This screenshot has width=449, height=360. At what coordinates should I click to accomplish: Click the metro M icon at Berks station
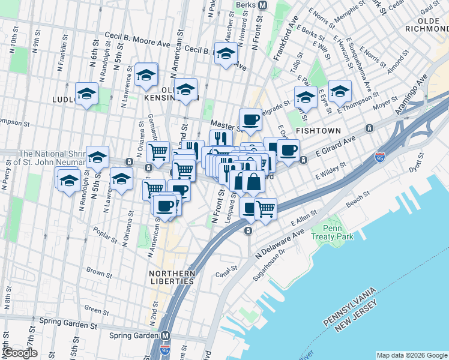point(262,5)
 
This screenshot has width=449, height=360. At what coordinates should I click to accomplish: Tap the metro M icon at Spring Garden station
point(166,336)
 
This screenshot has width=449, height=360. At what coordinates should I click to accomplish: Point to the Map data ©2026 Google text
point(411,355)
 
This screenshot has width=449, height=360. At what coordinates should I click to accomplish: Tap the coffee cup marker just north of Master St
point(250,118)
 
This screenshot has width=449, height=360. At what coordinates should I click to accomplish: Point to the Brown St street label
point(96,271)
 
